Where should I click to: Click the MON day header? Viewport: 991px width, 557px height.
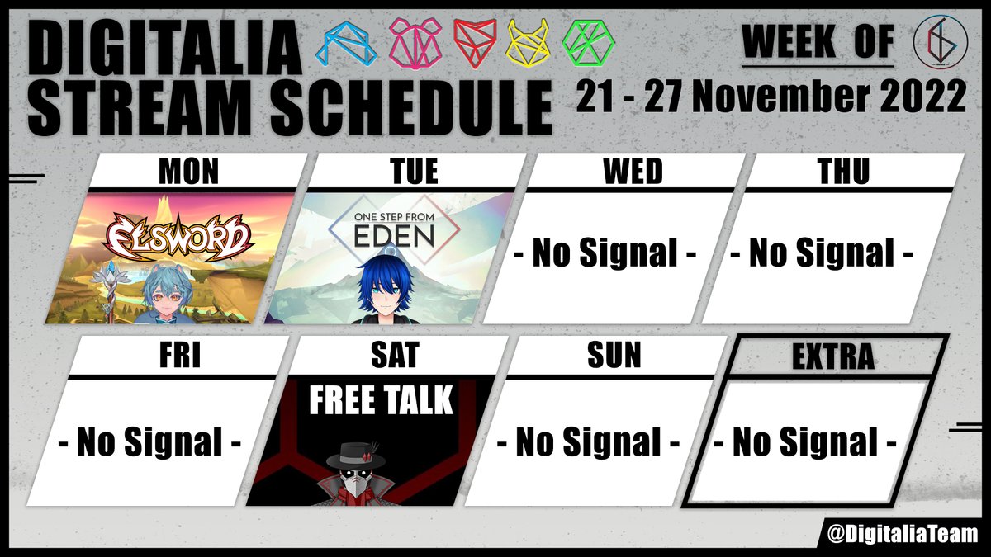(188, 172)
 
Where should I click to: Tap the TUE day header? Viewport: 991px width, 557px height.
(414, 172)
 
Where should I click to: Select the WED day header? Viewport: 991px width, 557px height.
(632, 172)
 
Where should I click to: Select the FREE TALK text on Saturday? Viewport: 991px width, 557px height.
(381, 401)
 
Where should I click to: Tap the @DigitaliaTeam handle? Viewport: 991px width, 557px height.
(903, 533)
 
